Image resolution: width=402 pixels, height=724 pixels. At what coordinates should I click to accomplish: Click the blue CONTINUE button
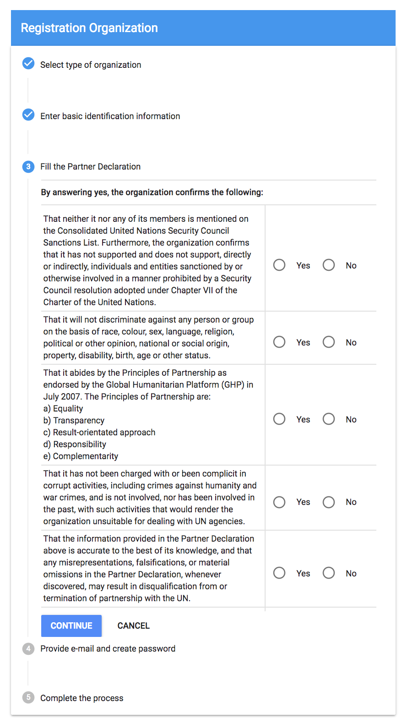coord(71,625)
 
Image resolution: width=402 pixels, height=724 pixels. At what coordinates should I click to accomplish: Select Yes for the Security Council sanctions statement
coord(279,265)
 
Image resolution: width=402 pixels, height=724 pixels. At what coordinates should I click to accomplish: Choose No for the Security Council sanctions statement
coord(329,265)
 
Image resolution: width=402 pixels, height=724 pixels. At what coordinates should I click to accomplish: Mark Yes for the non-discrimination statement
coord(279,342)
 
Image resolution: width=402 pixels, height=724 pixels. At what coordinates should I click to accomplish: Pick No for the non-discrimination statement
coord(329,342)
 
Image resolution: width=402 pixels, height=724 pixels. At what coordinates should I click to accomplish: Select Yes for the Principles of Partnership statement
coord(279,419)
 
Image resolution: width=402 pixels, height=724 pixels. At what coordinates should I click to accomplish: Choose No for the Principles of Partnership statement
coord(329,419)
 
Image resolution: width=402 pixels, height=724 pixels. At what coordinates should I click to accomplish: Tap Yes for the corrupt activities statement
coord(279,502)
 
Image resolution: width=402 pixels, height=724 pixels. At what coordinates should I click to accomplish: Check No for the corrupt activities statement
coord(329,502)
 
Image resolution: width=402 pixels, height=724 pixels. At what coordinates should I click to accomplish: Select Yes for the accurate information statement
coord(279,573)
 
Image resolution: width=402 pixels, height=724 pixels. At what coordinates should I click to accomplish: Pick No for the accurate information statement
coord(329,573)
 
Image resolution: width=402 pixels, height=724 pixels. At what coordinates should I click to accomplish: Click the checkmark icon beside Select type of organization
coord(28,63)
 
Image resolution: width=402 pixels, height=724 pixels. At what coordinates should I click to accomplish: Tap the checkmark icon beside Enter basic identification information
coord(28,115)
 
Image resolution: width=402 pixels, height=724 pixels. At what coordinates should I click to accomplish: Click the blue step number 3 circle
coord(28,167)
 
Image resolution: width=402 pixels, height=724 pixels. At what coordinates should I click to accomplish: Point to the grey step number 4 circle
coord(28,649)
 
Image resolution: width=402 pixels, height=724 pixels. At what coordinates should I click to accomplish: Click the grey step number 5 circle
coord(28,698)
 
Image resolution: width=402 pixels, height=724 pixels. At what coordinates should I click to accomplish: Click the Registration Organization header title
coord(89,28)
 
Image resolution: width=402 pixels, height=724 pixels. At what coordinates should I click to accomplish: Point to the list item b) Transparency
coord(74,421)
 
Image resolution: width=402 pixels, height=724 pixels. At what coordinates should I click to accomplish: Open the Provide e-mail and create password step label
coord(108,649)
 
